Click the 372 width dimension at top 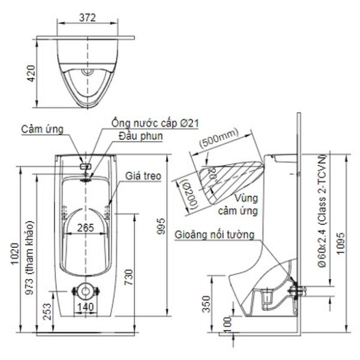click(87, 18)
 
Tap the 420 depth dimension click(31, 74)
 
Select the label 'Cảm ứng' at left click(42, 129)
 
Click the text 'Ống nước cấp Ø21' click(155, 123)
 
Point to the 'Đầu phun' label click(140, 136)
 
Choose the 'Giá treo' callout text click(143, 176)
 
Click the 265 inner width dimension click(86, 228)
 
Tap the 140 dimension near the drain click(85, 307)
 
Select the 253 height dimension click(47, 312)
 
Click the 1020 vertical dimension click(15, 254)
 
